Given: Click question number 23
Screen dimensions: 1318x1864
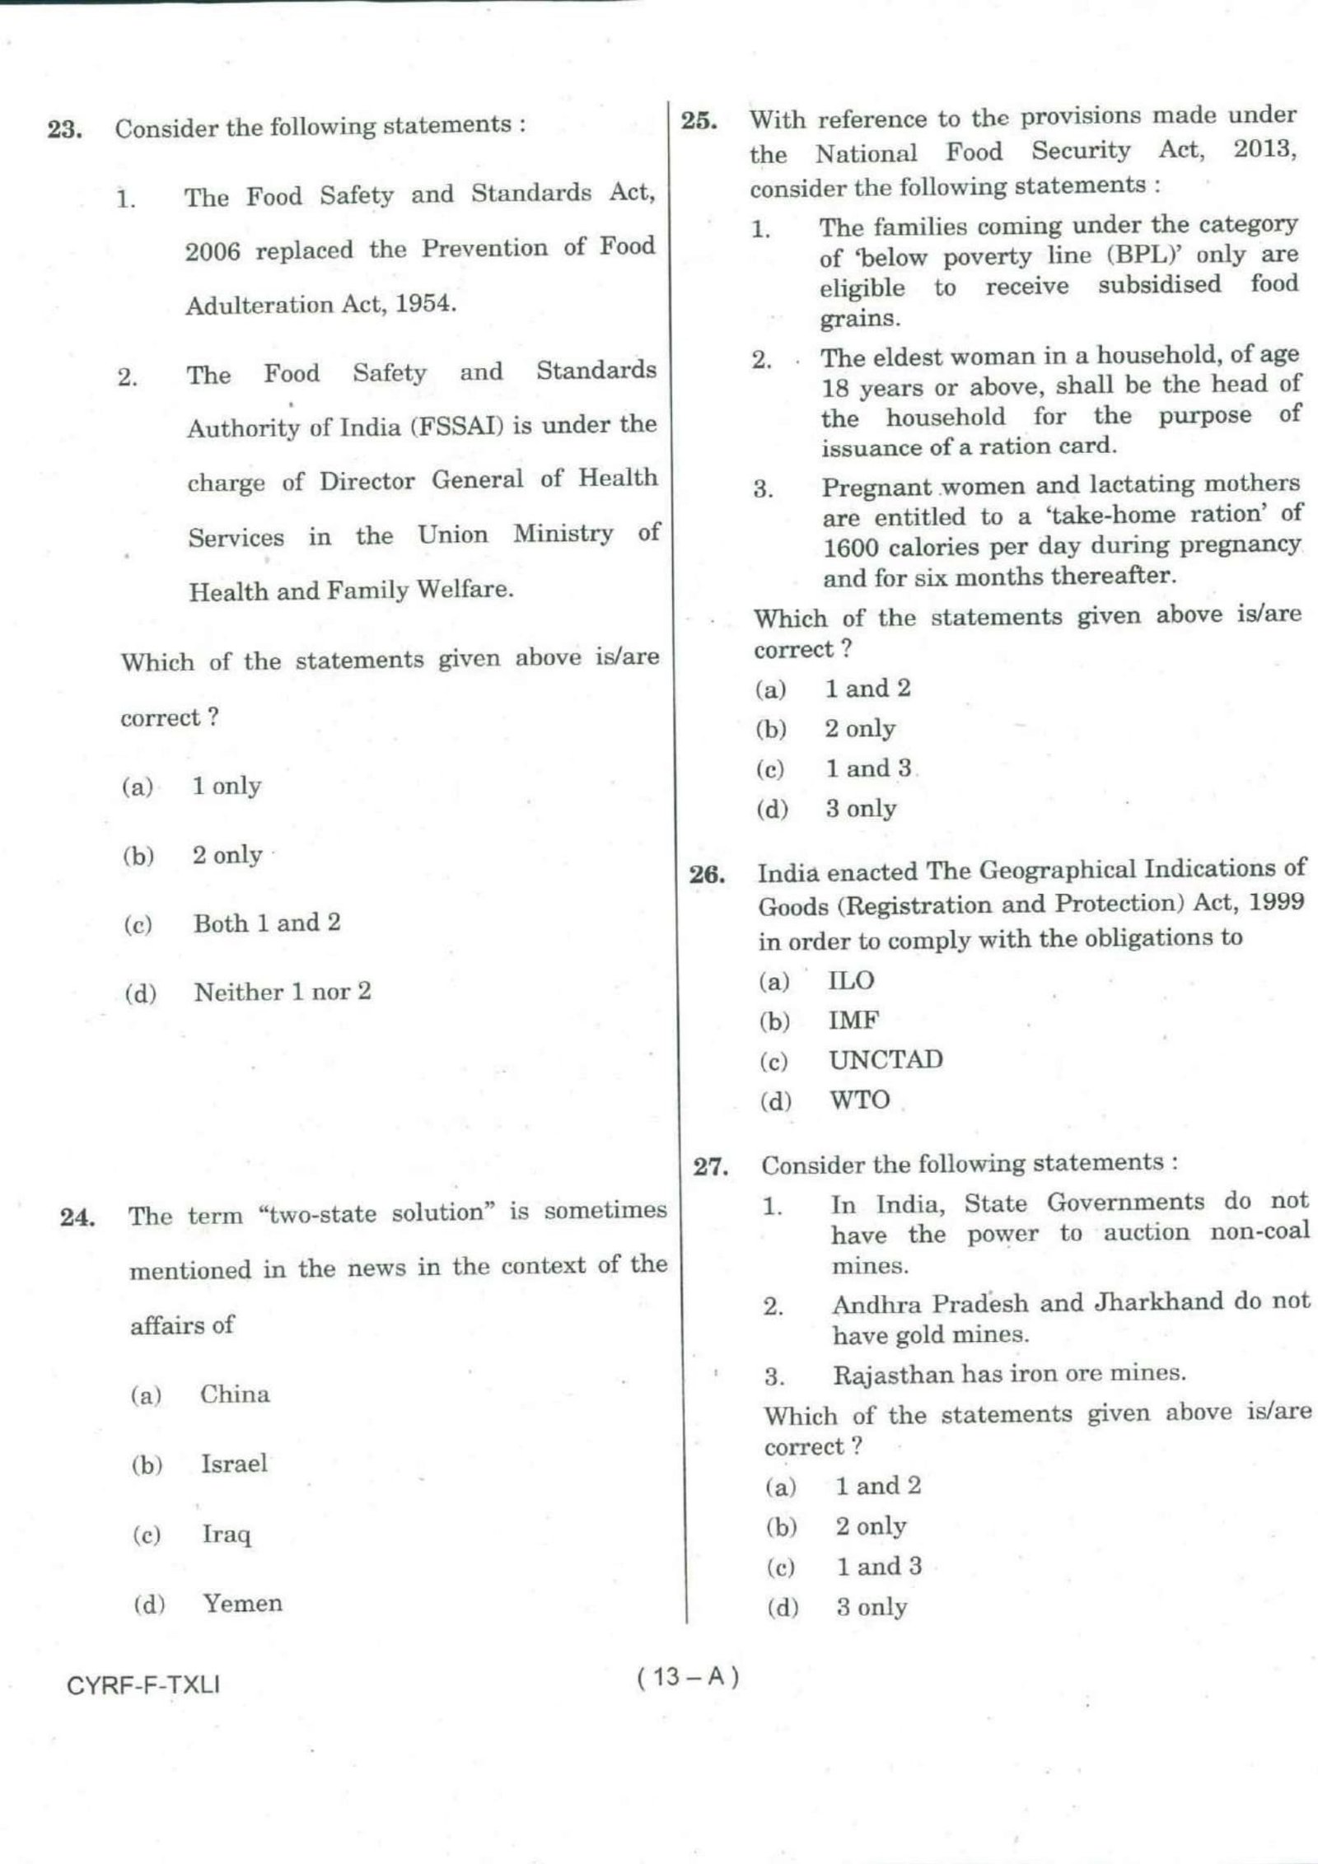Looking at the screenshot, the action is [63, 130].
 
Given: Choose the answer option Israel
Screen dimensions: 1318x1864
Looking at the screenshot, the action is [234, 1464].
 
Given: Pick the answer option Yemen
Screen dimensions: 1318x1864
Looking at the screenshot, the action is [242, 1603].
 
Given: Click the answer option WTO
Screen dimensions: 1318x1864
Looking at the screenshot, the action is [859, 1100].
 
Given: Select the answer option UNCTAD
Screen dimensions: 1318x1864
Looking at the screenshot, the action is [886, 1060].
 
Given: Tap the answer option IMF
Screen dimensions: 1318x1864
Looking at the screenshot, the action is [853, 1021].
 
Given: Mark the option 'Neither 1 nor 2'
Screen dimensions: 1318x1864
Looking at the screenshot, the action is [282, 992].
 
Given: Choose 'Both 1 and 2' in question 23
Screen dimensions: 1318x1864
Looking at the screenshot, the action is [266, 923].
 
